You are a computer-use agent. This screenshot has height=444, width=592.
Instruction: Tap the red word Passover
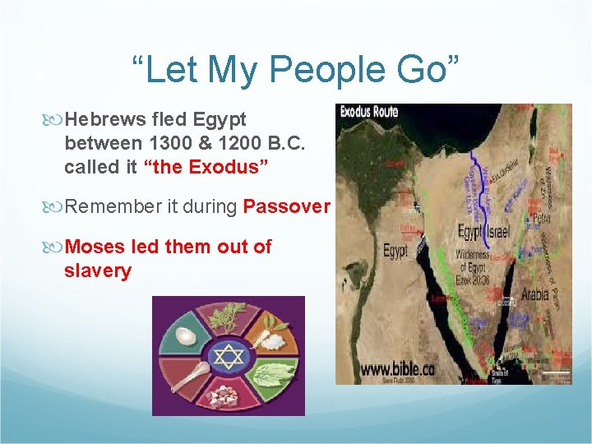coord(287,206)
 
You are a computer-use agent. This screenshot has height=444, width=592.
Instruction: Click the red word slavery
coord(98,270)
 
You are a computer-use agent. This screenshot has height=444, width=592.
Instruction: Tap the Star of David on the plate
coord(228,356)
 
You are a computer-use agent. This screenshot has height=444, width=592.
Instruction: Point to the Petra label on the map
coord(520,220)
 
